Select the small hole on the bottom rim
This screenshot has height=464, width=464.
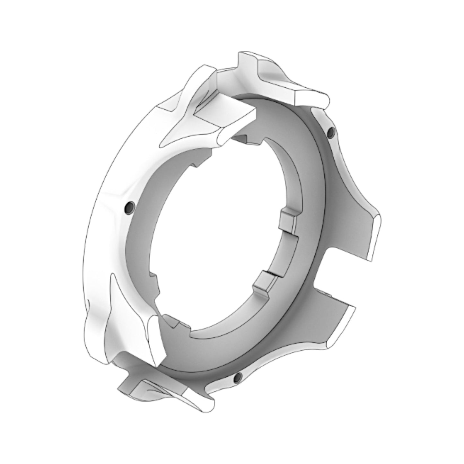tap(238, 378)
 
